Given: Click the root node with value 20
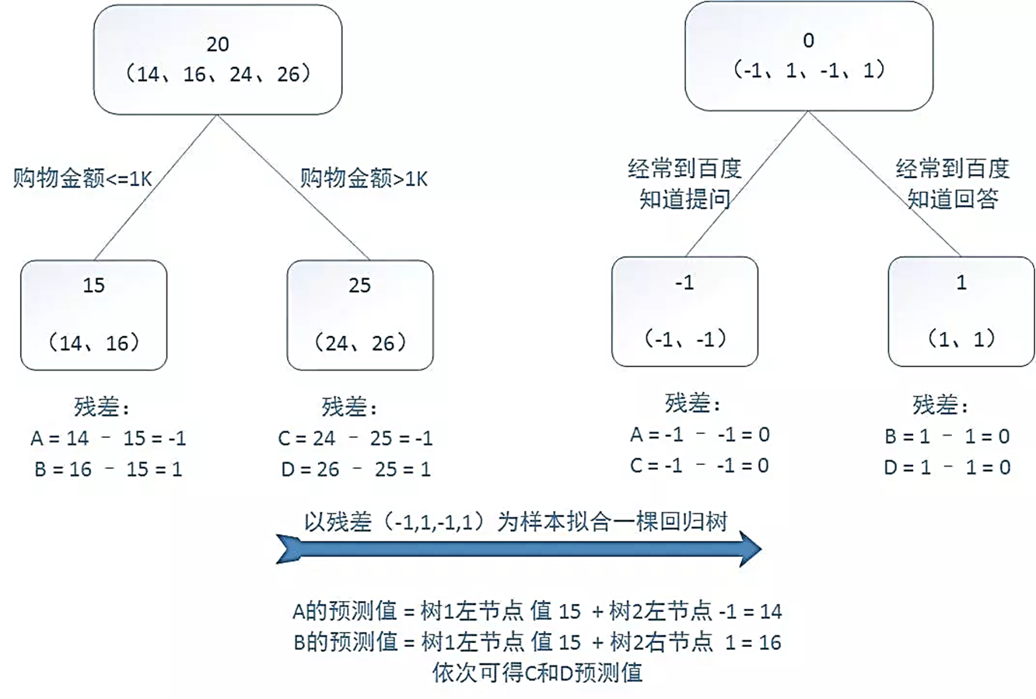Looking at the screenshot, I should (218, 61).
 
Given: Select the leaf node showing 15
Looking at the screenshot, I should (94, 314).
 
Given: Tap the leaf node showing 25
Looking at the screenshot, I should (360, 314).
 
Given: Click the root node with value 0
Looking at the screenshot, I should (808, 56).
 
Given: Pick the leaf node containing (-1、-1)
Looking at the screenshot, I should (684, 311).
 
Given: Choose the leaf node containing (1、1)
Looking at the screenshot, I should (961, 311).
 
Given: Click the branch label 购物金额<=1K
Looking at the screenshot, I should (82, 179).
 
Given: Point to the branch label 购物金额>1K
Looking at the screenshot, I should (364, 179).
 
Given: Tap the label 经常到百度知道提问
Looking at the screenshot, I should (684, 183).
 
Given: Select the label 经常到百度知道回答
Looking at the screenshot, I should (953, 183).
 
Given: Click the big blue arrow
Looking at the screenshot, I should (518, 549).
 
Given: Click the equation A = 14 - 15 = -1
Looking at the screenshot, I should (108, 439).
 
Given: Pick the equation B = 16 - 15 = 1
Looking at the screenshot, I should (108, 470).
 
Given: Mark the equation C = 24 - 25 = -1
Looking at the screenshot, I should (355, 439).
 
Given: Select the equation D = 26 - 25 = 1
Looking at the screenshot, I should (355, 470).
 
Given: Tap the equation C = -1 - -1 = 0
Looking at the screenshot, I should (700, 466).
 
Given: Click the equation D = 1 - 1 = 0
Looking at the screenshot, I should (947, 467).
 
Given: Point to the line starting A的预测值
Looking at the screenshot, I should (537, 611).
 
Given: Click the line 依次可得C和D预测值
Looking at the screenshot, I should (537, 673).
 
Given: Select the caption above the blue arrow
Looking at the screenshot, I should (515, 521).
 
